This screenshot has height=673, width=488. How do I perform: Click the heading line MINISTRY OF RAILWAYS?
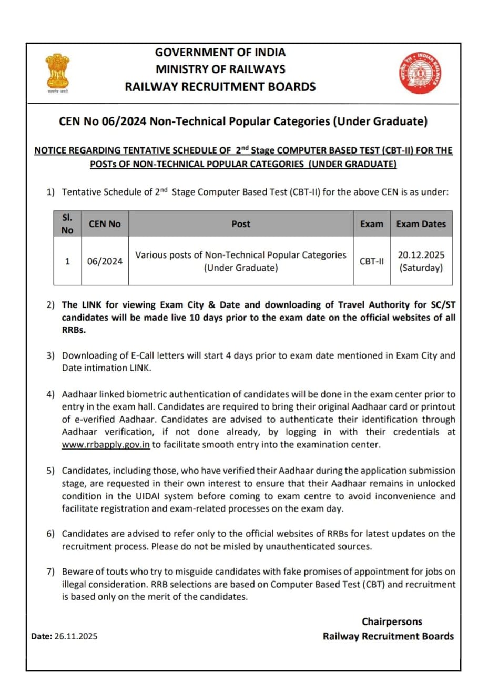[220, 69]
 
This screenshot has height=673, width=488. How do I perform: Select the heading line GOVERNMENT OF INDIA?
[220, 53]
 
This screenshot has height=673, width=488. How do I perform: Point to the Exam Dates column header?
[421, 224]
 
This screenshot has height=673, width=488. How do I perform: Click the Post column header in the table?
[241, 224]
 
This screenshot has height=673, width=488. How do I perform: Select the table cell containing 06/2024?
[105, 261]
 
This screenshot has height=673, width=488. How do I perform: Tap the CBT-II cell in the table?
[371, 261]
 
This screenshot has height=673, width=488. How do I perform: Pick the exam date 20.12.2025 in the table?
[421, 255]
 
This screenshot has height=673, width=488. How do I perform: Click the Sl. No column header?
[67, 224]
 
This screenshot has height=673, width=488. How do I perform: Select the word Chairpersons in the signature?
[392, 622]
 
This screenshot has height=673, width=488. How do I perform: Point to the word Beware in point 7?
[78, 572]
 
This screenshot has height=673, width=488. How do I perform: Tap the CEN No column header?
[105, 224]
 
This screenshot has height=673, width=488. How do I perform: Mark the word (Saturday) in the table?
[421, 268]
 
